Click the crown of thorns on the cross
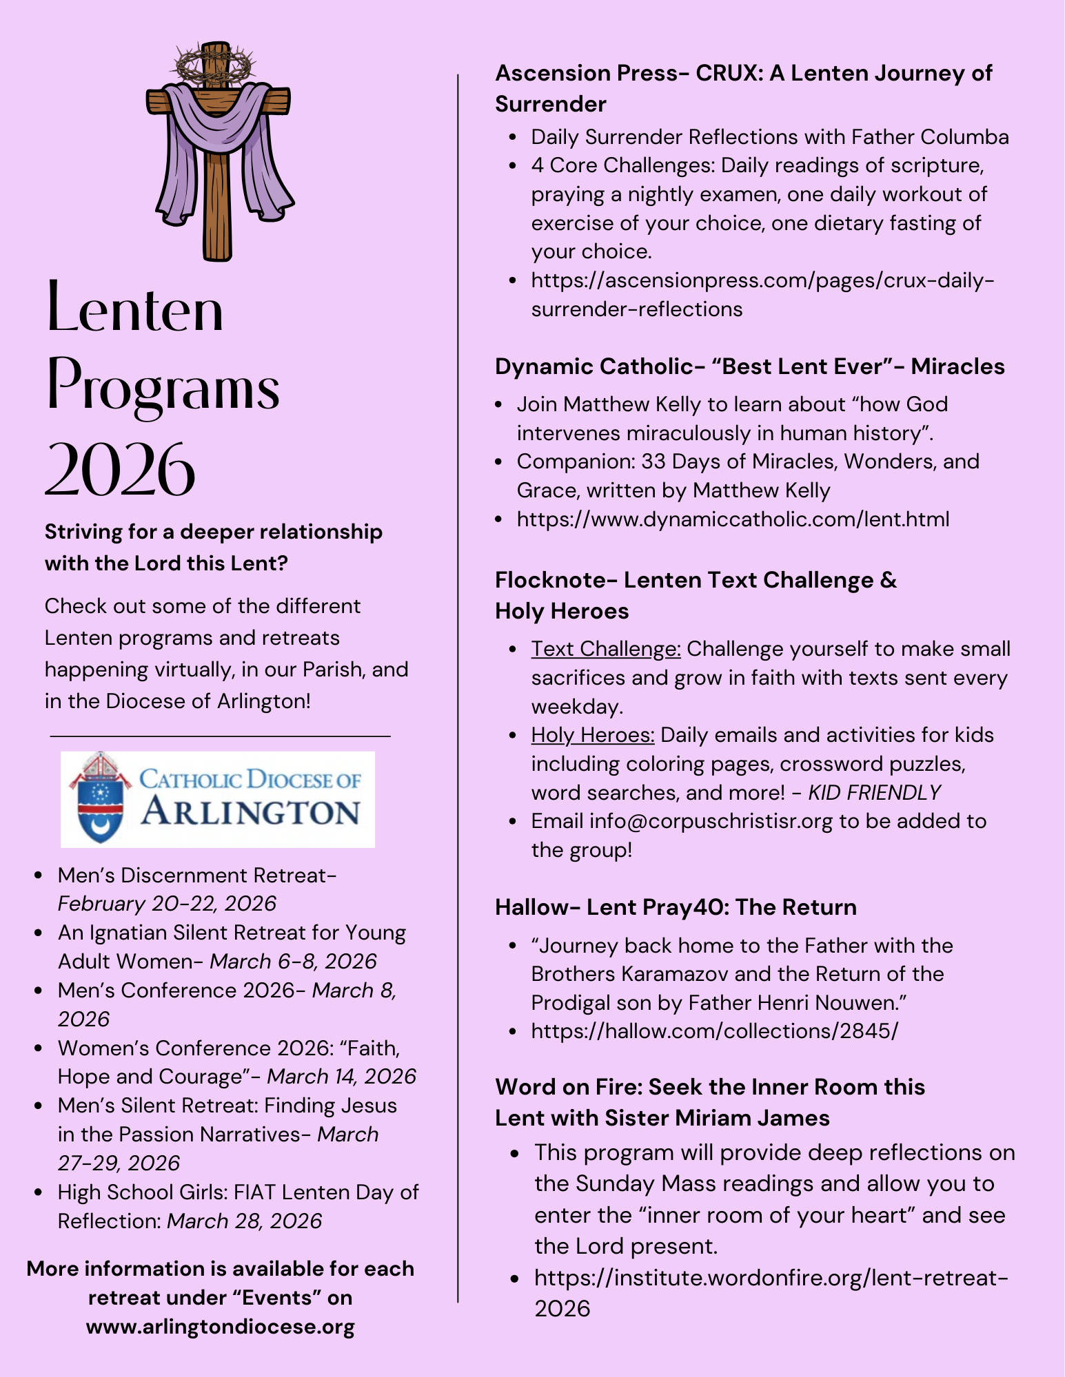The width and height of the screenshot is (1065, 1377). [x=216, y=65]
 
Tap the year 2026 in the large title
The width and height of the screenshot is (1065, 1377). [x=121, y=469]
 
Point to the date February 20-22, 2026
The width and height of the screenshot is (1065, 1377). [x=167, y=904]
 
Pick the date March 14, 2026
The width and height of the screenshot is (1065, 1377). [x=342, y=1077]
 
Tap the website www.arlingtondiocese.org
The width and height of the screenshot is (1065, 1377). [x=221, y=1327]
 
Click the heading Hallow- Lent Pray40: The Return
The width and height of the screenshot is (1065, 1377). [x=676, y=907]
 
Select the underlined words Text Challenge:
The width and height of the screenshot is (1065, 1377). [x=606, y=649]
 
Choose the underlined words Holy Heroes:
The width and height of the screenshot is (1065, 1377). [x=593, y=735]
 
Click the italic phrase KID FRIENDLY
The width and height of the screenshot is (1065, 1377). [x=875, y=793]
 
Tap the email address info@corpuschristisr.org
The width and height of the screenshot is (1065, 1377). [x=711, y=821]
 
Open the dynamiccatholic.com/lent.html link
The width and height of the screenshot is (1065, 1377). [x=733, y=519]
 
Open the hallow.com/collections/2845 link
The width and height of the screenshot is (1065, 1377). [x=715, y=1031]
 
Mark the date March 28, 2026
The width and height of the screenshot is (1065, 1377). [x=245, y=1221]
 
